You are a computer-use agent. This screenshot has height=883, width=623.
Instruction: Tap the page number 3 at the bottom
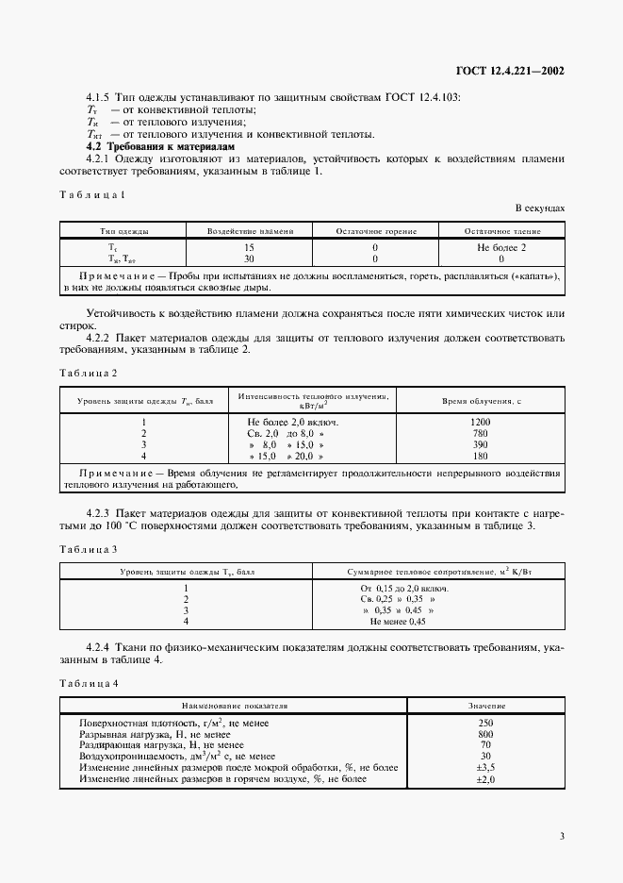point(562,835)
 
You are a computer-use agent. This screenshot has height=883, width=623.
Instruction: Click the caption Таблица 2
point(88,373)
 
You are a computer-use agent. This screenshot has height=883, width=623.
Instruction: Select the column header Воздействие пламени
point(250,230)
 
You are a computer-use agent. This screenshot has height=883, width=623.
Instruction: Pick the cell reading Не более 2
point(500,247)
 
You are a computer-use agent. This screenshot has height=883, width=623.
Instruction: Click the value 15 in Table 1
point(250,247)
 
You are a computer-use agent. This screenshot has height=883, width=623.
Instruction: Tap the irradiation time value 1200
point(481,422)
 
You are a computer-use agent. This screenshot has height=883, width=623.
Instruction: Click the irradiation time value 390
point(481,443)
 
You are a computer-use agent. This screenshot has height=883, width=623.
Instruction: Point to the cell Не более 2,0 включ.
point(293,422)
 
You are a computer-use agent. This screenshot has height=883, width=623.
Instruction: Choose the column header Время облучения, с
point(481,400)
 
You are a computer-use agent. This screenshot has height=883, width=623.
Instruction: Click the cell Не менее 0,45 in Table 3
point(398,622)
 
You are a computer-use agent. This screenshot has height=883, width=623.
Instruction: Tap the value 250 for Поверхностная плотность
point(486,723)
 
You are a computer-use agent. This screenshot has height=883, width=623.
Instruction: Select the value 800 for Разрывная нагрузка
point(486,734)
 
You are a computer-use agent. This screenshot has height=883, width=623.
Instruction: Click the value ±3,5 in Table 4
point(486,768)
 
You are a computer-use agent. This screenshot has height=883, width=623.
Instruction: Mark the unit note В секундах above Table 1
point(539,207)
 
